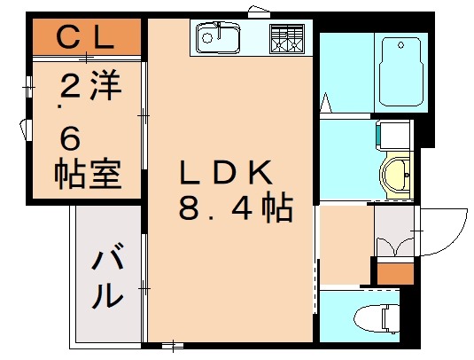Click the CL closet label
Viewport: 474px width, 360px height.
(85, 37)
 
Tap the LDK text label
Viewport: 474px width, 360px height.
(229, 172)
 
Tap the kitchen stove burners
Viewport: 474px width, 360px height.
(286, 39)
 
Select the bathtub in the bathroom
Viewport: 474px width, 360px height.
(402, 71)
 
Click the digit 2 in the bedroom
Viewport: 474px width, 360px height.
(68, 89)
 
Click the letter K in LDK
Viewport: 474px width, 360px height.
(267, 172)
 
